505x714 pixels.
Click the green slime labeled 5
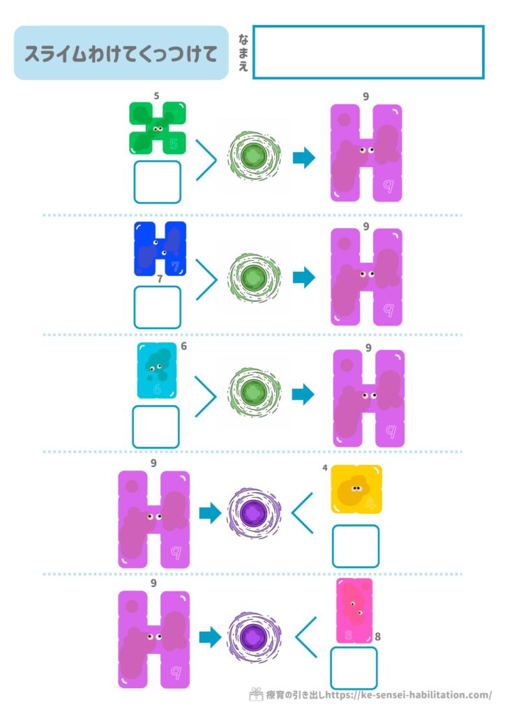point(158,128)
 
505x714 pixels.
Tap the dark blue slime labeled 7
point(160,249)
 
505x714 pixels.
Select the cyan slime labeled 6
point(157,370)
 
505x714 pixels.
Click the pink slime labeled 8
point(354,611)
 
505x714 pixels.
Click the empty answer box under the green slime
point(158,182)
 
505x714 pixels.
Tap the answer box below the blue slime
point(158,307)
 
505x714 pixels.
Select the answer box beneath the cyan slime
point(156,427)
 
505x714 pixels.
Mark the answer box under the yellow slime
point(356,546)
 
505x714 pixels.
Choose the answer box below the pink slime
point(354,668)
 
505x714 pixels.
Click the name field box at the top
point(368,52)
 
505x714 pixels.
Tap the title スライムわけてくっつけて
point(121,54)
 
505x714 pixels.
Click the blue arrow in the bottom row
point(210,636)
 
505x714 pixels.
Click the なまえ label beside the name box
point(243,52)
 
